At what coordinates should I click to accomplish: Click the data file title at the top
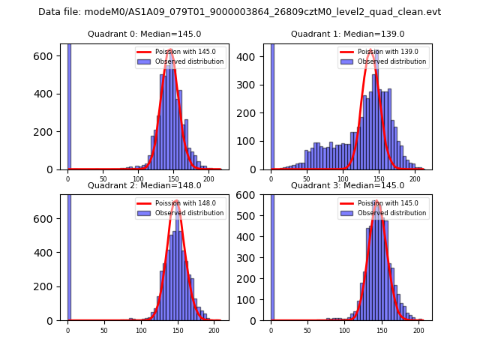coord(240,12)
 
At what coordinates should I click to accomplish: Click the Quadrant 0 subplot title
coord(144,34)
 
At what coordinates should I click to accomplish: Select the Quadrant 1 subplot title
coord(347,34)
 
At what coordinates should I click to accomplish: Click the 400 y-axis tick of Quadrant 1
coord(253,56)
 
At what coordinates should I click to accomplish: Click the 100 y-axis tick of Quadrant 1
coord(253,141)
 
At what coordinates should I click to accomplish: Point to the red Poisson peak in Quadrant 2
coord(177,201)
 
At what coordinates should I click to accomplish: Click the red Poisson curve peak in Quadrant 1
coord(370,50)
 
